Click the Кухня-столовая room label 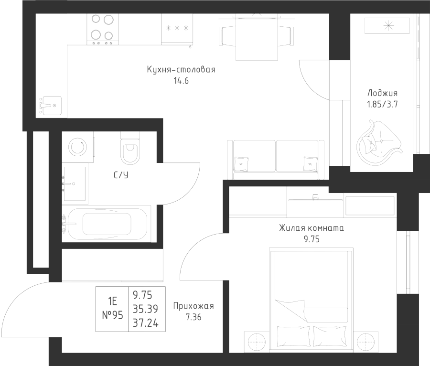[181, 70]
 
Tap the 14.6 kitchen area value [181, 81]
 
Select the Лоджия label [382, 94]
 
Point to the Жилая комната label [311, 228]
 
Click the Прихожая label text [193, 306]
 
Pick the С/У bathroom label [121, 175]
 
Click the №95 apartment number [113, 315]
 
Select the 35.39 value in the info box [147, 309]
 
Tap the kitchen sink [50, 104]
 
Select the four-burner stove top [102, 28]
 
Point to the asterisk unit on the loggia [387, 25]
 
